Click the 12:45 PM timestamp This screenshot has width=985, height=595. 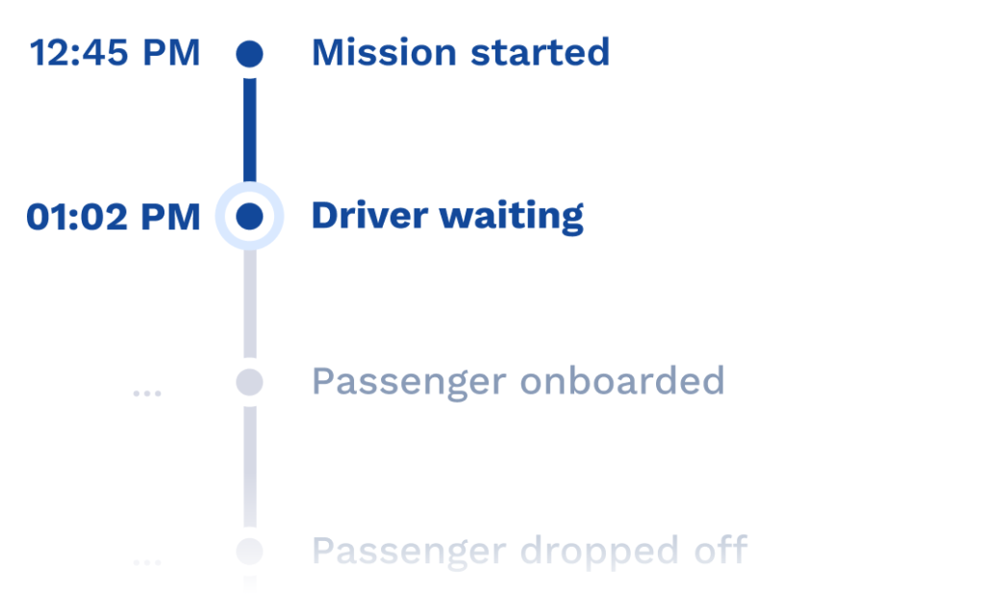pyautogui.click(x=115, y=52)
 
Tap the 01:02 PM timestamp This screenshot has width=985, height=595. pyautogui.click(x=114, y=217)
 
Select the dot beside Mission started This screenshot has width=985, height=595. pyautogui.click(x=249, y=54)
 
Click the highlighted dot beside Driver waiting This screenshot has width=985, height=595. pyautogui.click(x=249, y=217)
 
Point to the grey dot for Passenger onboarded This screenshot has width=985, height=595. pyautogui.click(x=249, y=382)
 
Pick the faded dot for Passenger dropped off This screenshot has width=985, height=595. pyautogui.click(x=249, y=551)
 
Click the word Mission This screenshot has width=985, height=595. pyautogui.click(x=384, y=52)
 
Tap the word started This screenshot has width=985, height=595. pyautogui.click(x=541, y=52)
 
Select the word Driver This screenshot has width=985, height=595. pyautogui.click(x=370, y=217)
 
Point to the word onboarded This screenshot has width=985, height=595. pyautogui.click(x=622, y=380)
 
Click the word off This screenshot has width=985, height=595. pyautogui.click(x=720, y=549)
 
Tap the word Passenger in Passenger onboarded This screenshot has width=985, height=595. pyautogui.click(x=409, y=383)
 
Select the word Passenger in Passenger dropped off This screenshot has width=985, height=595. pyautogui.click(x=409, y=553)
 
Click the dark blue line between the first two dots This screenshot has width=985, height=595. pyautogui.click(x=249, y=130)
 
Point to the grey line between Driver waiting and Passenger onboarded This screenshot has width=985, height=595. pyautogui.click(x=249, y=304)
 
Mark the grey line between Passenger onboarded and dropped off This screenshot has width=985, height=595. pyautogui.click(x=249, y=467)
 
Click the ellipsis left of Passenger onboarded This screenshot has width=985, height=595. pyautogui.click(x=147, y=394)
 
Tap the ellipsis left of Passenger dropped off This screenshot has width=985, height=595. pyautogui.click(x=147, y=562)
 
